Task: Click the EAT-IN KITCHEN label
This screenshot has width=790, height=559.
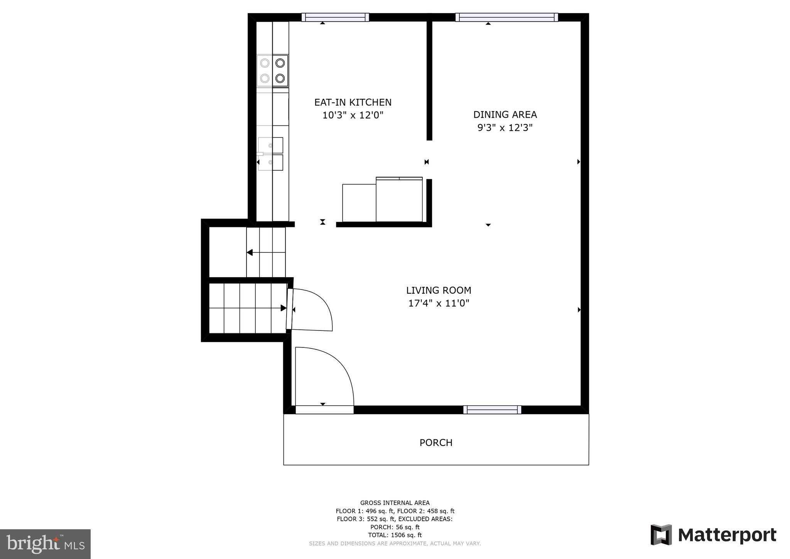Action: (353, 102)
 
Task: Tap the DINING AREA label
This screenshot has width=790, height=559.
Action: (505, 115)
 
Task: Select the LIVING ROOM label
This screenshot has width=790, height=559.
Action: (438, 290)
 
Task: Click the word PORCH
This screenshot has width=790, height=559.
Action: (436, 442)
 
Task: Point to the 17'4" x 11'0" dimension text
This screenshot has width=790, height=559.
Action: (438, 303)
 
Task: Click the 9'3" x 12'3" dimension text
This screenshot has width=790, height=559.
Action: (505, 128)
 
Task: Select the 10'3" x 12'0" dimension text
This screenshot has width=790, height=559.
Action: (353, 115)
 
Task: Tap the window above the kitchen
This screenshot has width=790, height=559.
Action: (335, 17)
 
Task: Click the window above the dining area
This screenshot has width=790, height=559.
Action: (506, 17)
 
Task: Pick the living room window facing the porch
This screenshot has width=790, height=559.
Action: (492, 410)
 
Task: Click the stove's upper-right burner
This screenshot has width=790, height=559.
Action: (280, 63)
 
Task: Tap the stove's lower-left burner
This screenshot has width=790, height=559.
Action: (265, 78)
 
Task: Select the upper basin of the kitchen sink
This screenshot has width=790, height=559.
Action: (270, 145)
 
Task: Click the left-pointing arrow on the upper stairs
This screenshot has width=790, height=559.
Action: (250, 252)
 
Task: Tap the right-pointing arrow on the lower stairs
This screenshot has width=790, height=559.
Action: (283, 308)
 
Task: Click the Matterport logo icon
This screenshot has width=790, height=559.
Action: (661, 535)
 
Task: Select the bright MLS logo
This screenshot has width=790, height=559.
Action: (45, 544)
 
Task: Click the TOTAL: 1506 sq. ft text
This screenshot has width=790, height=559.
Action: (395, 535)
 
